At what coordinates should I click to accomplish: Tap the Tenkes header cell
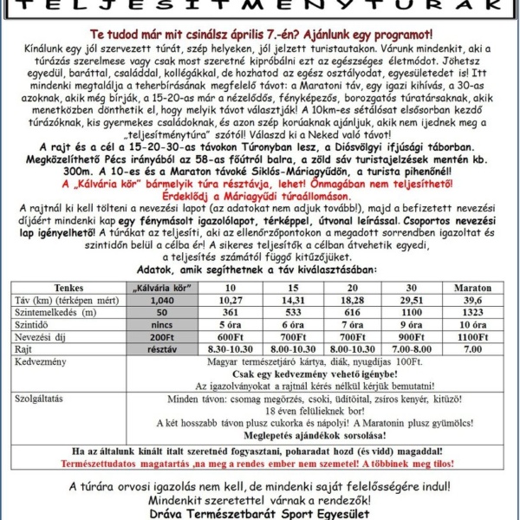(x=69, y=287)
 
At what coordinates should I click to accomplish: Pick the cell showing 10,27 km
(x=231, y=299)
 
